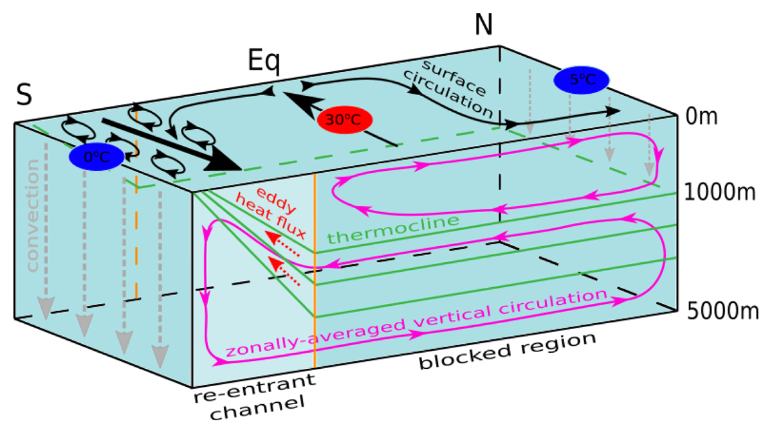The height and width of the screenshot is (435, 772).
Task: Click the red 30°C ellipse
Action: point(345,120)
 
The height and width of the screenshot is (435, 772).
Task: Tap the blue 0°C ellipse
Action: point(96,157)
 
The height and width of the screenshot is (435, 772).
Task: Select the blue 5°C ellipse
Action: point(582,80)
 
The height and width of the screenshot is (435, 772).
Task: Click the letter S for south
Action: point(24,94)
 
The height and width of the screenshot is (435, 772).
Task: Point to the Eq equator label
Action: point(264,61)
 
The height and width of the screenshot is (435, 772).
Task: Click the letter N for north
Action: point(484,25)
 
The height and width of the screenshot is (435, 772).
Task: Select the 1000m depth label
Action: point(720,191)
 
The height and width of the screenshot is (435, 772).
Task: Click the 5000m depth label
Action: point(722,312)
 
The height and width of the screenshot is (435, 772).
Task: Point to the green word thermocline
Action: point(393,229)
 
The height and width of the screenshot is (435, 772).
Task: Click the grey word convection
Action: point(33,215)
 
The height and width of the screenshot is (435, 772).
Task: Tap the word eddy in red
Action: point(277,200)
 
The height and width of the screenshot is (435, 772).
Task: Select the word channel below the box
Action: point(257,408)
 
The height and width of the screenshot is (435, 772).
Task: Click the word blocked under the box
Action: point(465,357)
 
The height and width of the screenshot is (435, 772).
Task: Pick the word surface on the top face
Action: point(454,78)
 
